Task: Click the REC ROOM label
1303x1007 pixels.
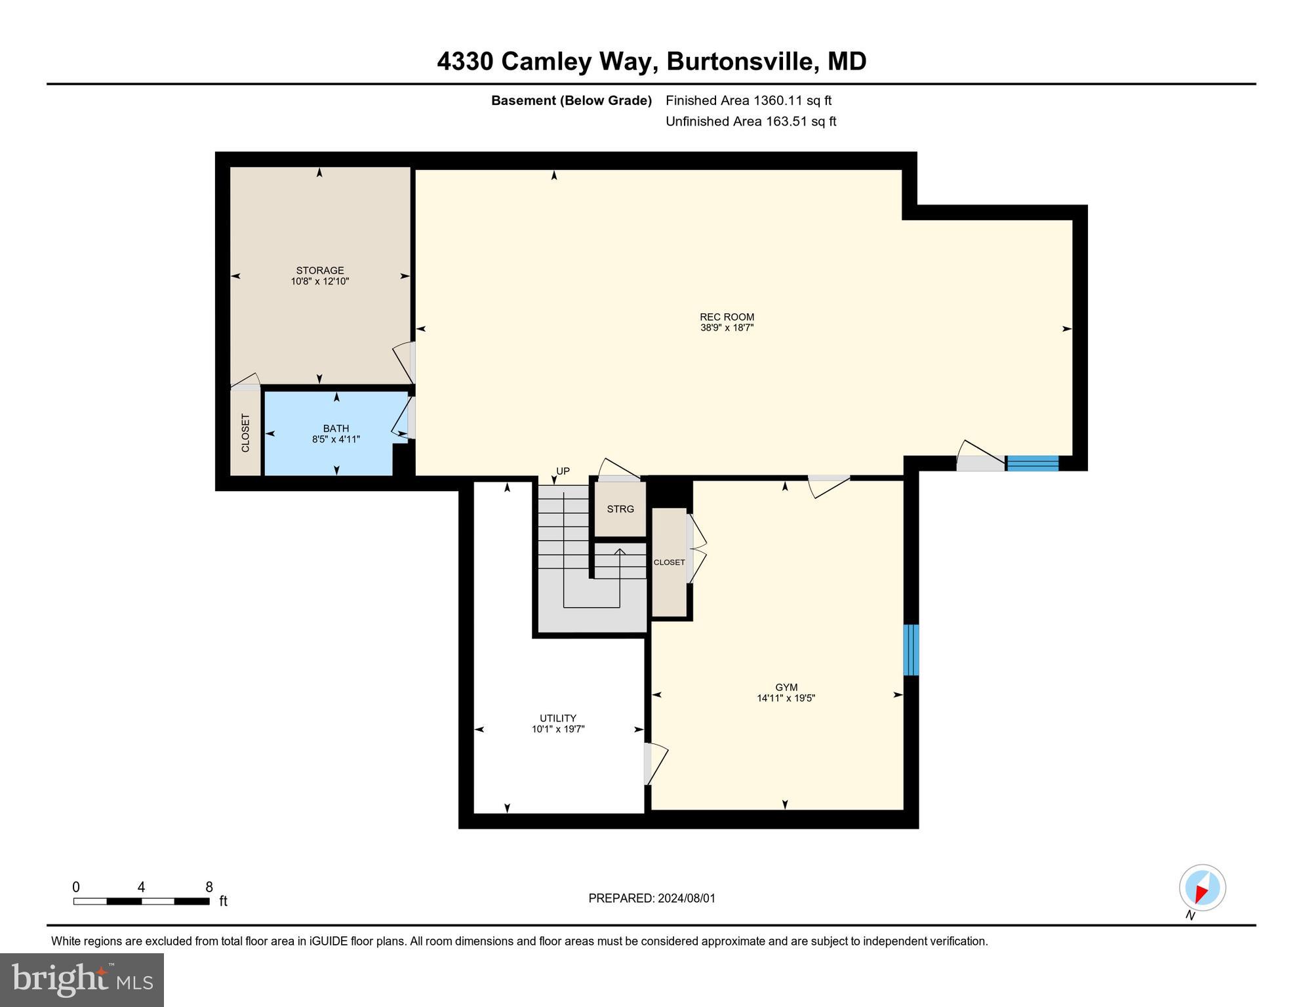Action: (x=727, y=317)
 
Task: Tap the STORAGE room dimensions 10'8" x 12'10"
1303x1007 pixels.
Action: (x=320, y=281)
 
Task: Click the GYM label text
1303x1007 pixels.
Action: (x=786, y=687)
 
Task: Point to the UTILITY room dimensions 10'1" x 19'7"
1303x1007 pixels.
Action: (x=557, y=729)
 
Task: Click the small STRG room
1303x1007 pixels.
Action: (x=620, y=509)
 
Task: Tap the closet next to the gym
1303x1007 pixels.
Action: (x=669, y=563)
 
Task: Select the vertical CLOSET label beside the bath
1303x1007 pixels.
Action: (x=245, y=433)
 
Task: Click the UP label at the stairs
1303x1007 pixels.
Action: (x=563, y=471)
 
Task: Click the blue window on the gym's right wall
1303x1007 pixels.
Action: (x=910, y=650)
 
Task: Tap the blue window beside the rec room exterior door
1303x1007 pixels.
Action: (x=1032, y=463)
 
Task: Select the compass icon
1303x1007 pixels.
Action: (x=1202, y=888)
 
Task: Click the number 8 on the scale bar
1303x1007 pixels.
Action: (x=209, y=887)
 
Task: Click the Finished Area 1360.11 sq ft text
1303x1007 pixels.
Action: (x=748, y=100)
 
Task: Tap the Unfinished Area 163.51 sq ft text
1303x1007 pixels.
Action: (x=750, y=121)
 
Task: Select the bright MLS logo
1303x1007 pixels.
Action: (x=82, y=979)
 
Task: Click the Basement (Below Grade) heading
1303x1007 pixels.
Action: (x=571, y=100)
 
